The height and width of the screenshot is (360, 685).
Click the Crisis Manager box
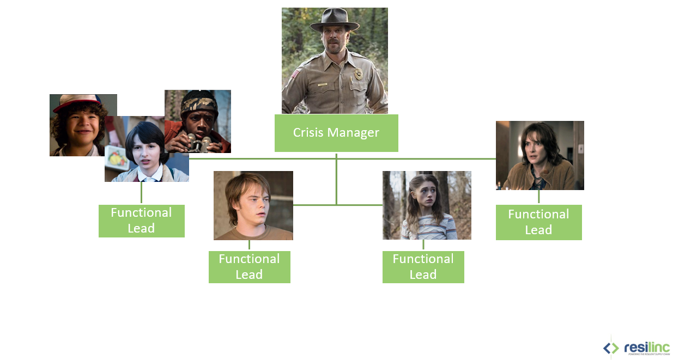tap(336, 133)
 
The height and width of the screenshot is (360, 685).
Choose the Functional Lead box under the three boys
tap(141, 221)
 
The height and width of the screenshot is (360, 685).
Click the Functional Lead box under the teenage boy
tap(249, 267)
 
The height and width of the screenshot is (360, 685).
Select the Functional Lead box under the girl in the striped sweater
tap(423, 267)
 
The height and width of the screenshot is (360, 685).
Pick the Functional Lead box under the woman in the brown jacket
tap(538, 222)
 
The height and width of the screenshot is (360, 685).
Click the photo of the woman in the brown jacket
tap(539, 155)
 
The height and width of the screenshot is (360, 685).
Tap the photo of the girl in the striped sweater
tap(427, 205)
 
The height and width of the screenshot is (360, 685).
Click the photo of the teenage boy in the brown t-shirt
tap(253, 205)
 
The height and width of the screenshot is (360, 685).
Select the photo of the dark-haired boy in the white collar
tap(146, 152)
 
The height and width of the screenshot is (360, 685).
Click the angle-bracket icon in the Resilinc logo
tap(611, 347)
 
